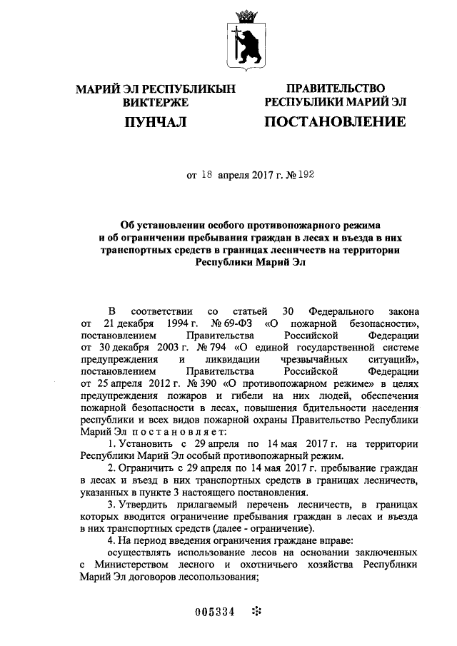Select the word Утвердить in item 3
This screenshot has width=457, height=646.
coord(146,505)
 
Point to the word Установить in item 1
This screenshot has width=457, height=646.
coord(146,445)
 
